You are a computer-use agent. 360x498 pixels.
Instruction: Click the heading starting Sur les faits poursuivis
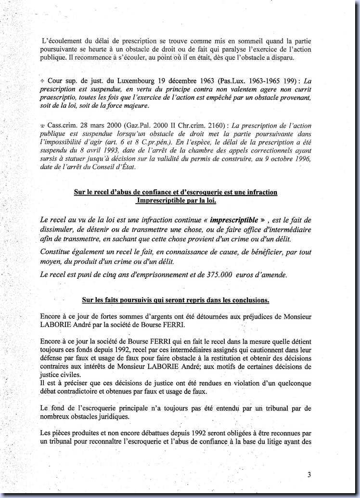tap(175, 300)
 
